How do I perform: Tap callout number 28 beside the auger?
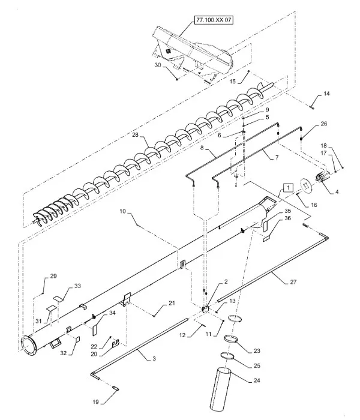(136, 136)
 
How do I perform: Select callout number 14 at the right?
(326, 94)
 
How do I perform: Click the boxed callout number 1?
(289, 187)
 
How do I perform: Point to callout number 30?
(158, 65)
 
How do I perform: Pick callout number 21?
(172, 304)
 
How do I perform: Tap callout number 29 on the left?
(53, 275)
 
